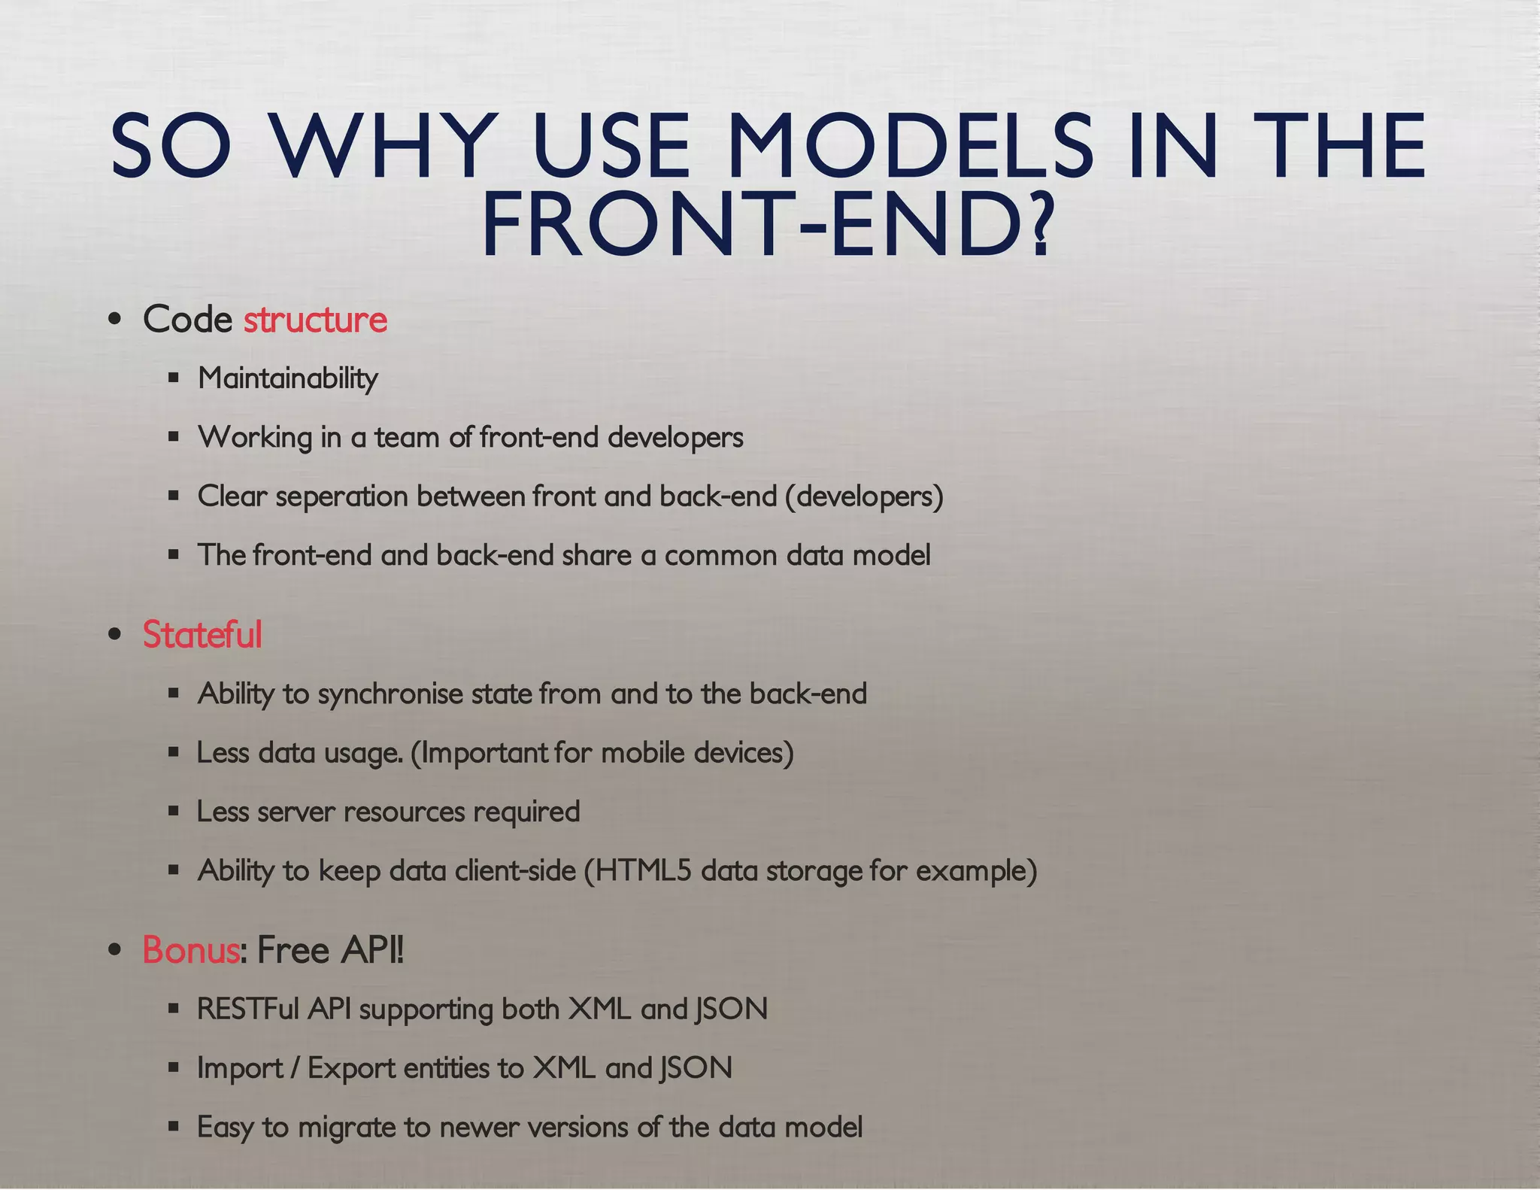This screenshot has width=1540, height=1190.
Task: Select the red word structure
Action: [315, 320]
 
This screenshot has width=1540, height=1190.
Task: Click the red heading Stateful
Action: [202, 634]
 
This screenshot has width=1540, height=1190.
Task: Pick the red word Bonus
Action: [191, 950]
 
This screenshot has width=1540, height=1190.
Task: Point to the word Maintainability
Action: [287, 378]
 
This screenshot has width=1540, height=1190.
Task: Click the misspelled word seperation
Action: [341, 497]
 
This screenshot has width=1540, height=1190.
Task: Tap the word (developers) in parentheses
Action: [864, 497]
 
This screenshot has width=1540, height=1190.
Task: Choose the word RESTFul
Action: [247, 1009]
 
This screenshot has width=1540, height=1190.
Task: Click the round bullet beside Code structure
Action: [114, 319]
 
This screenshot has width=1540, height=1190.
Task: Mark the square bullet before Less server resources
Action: [174, 811]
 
